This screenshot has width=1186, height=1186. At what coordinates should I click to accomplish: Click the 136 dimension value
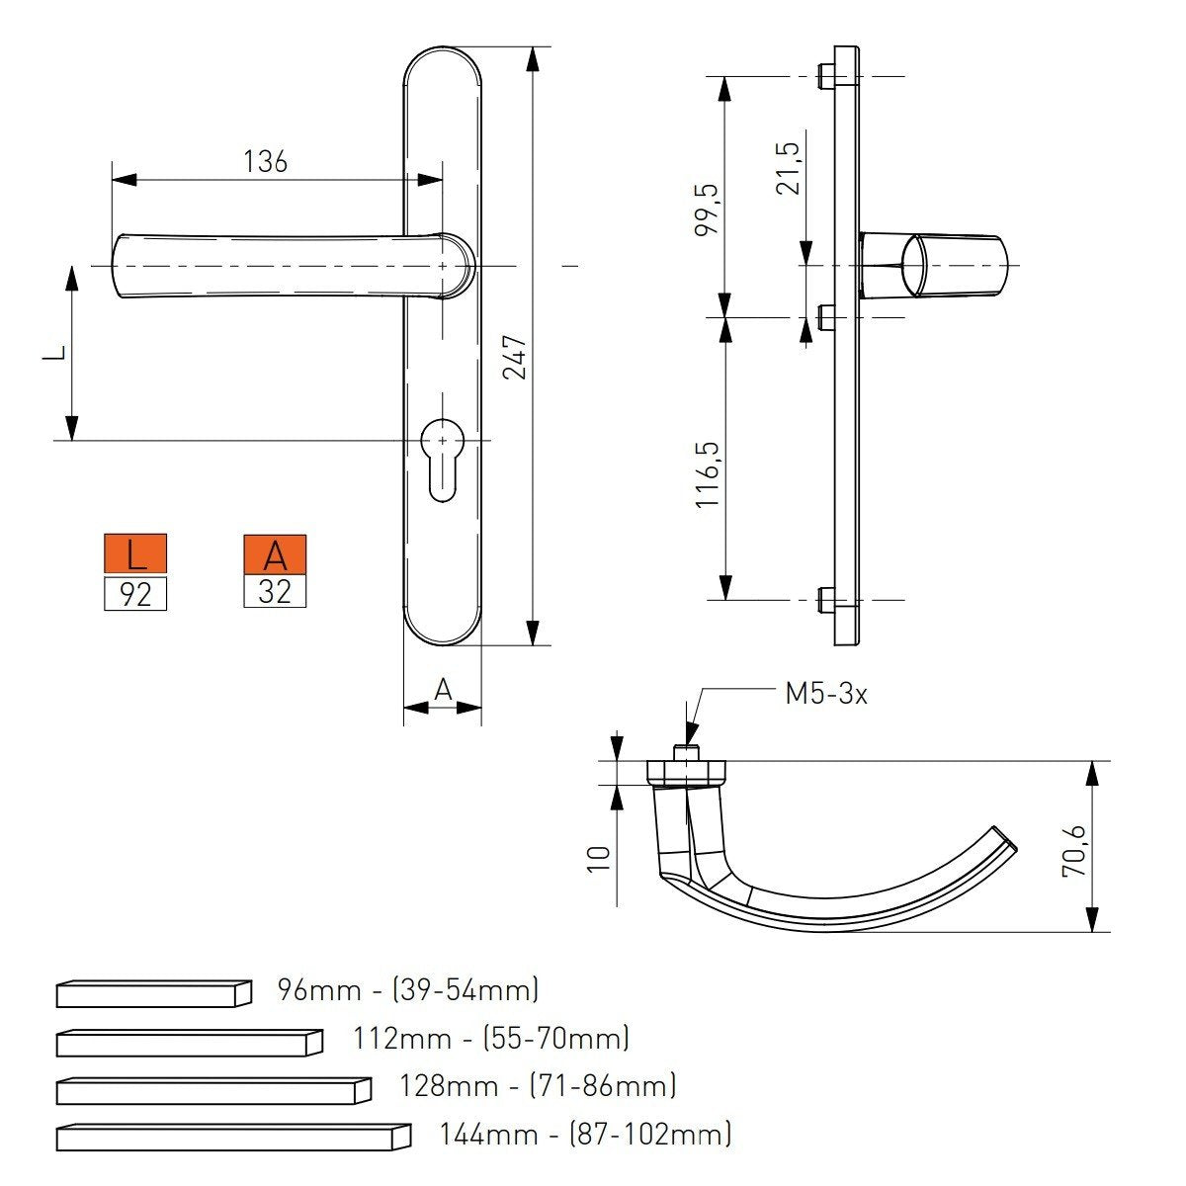(x=265, y=162)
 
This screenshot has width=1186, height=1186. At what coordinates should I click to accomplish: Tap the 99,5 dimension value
(x=708, y=210)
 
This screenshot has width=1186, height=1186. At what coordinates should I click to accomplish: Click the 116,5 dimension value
(x=708, y=475)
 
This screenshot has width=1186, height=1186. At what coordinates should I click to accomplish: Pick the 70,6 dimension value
(x=1072, y=850)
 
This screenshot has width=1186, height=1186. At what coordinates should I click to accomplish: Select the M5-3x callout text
(x=826, y=694)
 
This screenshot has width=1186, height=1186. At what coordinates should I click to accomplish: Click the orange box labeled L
(x=135, y=554)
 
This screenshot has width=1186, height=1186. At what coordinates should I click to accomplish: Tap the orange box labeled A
(x=275, y=554)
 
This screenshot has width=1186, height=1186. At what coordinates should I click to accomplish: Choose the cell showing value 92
(x=135, y=594)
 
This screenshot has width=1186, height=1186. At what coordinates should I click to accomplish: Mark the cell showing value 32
(x=275, y=591)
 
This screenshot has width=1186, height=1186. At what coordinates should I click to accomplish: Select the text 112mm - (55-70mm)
(x=490, y=1039)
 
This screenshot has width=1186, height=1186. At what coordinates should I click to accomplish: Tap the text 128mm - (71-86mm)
(x=538, y=1085)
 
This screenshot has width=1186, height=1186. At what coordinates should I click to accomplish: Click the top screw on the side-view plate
(x=825, y=76)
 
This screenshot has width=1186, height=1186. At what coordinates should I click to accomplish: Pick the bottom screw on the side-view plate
(x=825, y=599)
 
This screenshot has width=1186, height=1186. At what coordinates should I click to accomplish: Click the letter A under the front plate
(x=443, y=690)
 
